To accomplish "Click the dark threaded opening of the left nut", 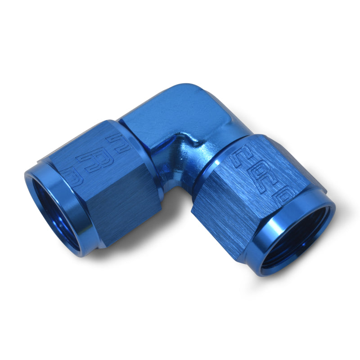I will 54,211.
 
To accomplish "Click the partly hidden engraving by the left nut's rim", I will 72,175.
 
